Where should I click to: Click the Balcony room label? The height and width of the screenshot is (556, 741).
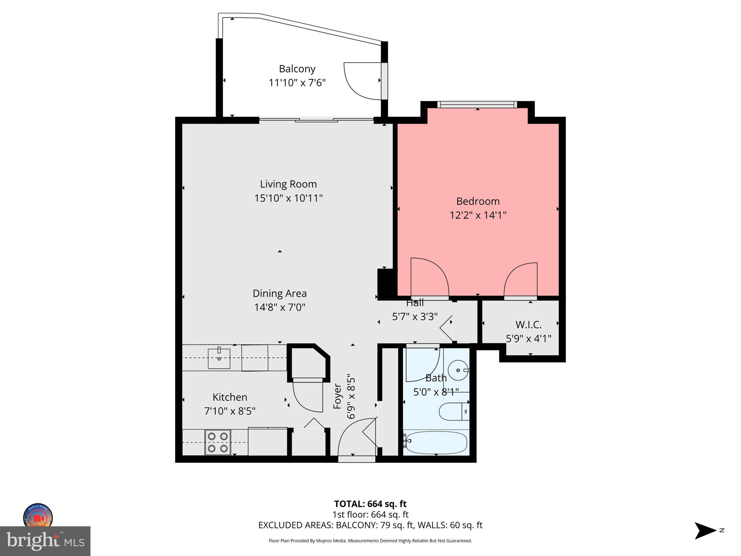coord(297,69)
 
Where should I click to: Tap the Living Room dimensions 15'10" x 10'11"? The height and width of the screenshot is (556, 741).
coord(288,198)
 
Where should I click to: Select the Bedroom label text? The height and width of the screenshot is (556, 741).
coord(478,201)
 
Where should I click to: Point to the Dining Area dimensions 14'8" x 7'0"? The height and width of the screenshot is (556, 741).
coord(280,307)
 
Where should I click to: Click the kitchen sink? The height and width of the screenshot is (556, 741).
coord(219,358)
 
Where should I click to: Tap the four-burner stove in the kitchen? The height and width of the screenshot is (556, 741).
coord(218,442)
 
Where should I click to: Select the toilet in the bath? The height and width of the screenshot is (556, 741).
coord(454,412)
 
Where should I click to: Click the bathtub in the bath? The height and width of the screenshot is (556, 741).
coord(436,442)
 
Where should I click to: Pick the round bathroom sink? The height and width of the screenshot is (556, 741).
coord(458,370)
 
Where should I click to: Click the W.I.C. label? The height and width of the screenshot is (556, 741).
coord(528,324)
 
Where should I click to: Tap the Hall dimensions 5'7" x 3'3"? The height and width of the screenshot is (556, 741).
coord(415,317)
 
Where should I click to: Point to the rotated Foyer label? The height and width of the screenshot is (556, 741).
coord(337,397)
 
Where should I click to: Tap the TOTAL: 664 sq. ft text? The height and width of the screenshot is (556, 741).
coord(370,504)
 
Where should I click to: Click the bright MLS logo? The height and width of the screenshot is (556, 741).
coord(45,541)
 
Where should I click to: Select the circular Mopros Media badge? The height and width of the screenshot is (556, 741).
coord(38,517)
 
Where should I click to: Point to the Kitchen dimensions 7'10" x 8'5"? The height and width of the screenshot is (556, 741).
coord(230,411)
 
